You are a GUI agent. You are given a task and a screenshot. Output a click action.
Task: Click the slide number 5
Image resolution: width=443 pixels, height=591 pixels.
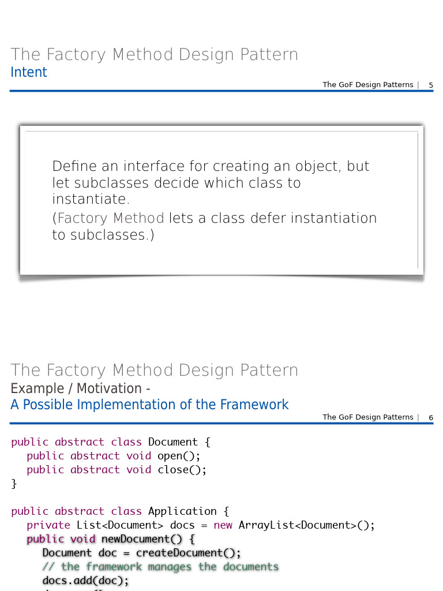pyautogui.click(x=430, y=85)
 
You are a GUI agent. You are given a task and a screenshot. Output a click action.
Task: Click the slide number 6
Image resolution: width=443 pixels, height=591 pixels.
pyautogui.click(x=430, y=418)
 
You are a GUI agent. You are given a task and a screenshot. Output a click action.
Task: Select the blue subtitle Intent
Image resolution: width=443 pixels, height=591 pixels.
pyautogui.click(x=29, y=72)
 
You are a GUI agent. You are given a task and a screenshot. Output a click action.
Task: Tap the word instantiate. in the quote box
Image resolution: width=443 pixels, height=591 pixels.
pyautogui.click(x=91, y=200)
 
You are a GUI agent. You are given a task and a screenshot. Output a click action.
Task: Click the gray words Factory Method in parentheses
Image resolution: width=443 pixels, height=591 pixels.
pyautogui.click(x=111, y=218)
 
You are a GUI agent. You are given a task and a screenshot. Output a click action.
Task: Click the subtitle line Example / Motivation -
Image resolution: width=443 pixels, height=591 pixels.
pyautogui.click(x=81, y=388)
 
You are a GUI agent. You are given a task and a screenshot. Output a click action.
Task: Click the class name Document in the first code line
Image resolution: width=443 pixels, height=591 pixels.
pyautogui.click(x=172, y=442)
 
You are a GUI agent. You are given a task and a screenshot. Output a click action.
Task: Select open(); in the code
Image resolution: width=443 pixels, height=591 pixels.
pyautogui.click(x=179, y=456)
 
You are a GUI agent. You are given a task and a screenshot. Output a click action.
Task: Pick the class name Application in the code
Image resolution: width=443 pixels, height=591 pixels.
pyautogui.click(x=182, y=511)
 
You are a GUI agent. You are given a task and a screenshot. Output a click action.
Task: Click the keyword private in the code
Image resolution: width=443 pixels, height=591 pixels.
pyautogui.click(x=48, y=525)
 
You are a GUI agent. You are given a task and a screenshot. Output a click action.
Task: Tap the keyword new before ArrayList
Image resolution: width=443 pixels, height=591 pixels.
pyautogui.click(x=223, y=525)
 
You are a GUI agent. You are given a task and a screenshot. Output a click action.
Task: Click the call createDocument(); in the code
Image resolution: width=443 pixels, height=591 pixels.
pyautogui.click(x=188, y=553)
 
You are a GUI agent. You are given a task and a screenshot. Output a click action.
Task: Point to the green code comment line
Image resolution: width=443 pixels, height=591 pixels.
pyautogui.click(x=160, y=567)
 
